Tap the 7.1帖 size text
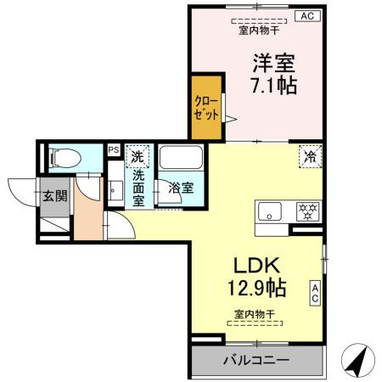tap(272, 85)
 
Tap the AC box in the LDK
tap(314, 293)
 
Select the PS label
tap(114, 150)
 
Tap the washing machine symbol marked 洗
tap(138, 156)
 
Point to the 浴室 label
tap(181, 188)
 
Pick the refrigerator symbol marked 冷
tap(311, 156)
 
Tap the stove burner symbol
tap(306, 210)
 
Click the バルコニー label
tap(256, 360)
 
